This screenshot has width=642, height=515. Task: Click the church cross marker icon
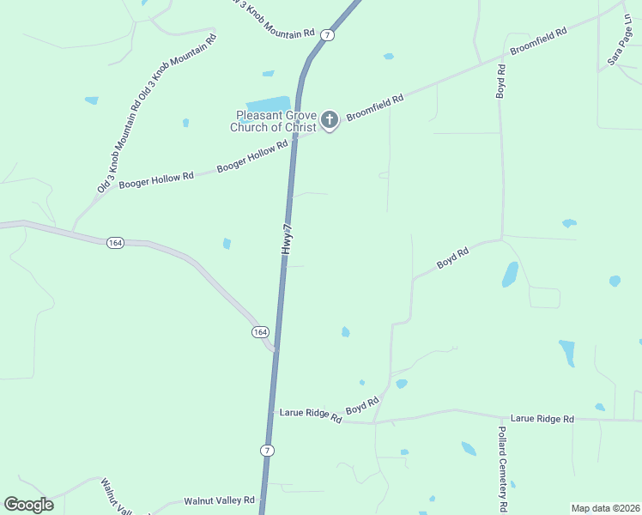pyautogui.click(x=330, y=121)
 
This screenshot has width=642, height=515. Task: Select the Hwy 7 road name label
pyautogui.click(x=289, y=239)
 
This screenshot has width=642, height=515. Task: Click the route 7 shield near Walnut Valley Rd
pyautogui.click(x=268, y=451)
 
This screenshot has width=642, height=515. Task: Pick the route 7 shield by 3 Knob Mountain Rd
pyautogui.click(x=328, y=34)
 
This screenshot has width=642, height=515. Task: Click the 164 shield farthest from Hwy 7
pyautogui.click(x=116, y=244)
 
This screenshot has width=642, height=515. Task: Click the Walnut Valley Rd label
pyautogui.click(x=220, y=500)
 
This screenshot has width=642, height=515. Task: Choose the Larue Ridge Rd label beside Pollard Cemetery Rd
pyautogui.click(x=542, y=418)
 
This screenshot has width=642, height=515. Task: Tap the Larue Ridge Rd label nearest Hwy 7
pyautogui.click(x=311, y=414)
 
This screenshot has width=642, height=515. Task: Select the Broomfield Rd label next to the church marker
pyautogui.click(x=374, y=112)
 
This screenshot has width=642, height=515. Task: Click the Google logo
pyautogui.click(x=28, y=504)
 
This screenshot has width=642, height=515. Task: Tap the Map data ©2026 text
pyautogui.click(x=604, y=508)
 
